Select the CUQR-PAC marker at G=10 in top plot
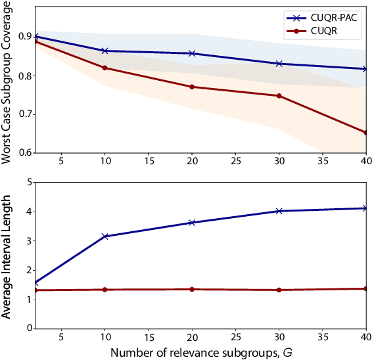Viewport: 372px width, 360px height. click(x=105, y=51)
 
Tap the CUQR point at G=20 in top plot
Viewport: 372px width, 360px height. click(x=191, y=87)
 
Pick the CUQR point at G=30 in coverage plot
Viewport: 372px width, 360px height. click(x=279, y=96)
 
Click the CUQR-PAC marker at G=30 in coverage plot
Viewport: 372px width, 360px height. click(x=279, y=64)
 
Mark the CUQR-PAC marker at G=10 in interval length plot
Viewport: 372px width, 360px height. click(x=105, y=236)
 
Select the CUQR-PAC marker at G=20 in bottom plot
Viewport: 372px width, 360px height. click(x=191, y=223)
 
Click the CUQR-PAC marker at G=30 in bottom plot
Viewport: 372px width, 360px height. click(x=279, y=211)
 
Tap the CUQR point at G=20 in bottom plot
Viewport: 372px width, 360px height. click(x=191, y=289)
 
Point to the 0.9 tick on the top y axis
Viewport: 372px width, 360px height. click(x=26, y=37)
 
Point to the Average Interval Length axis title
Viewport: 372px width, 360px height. click(x=7, y=255)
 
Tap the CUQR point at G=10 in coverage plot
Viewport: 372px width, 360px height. click(x=105, y=68)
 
